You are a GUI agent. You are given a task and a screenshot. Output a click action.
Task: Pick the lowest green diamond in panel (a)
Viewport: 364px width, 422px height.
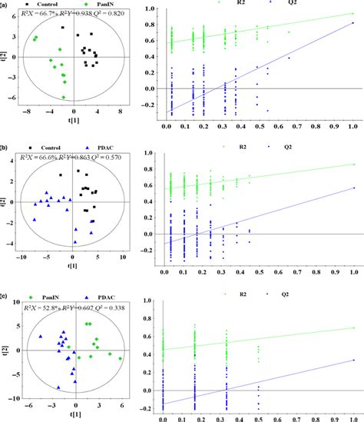point(64,97)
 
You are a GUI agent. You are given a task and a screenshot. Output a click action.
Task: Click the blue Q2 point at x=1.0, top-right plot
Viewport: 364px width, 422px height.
point(352,24)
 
